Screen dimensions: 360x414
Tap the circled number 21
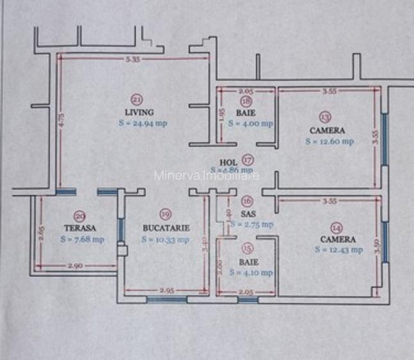tap(136, 99)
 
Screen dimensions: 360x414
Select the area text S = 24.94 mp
tap(142, 123)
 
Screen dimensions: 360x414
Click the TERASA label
tap(80, 228)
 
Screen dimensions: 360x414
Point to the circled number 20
tap(80, 216)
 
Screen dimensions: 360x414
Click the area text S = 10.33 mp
tap(165, 240)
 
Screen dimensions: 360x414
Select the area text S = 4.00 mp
tap(250, 123)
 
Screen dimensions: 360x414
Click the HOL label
tap(228, 162)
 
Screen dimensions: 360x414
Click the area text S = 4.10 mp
tap(251, 272)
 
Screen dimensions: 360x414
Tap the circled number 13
tap(326, 117)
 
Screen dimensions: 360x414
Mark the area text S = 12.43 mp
tap(338, 250)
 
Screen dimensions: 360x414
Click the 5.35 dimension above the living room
tap(133, 59)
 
